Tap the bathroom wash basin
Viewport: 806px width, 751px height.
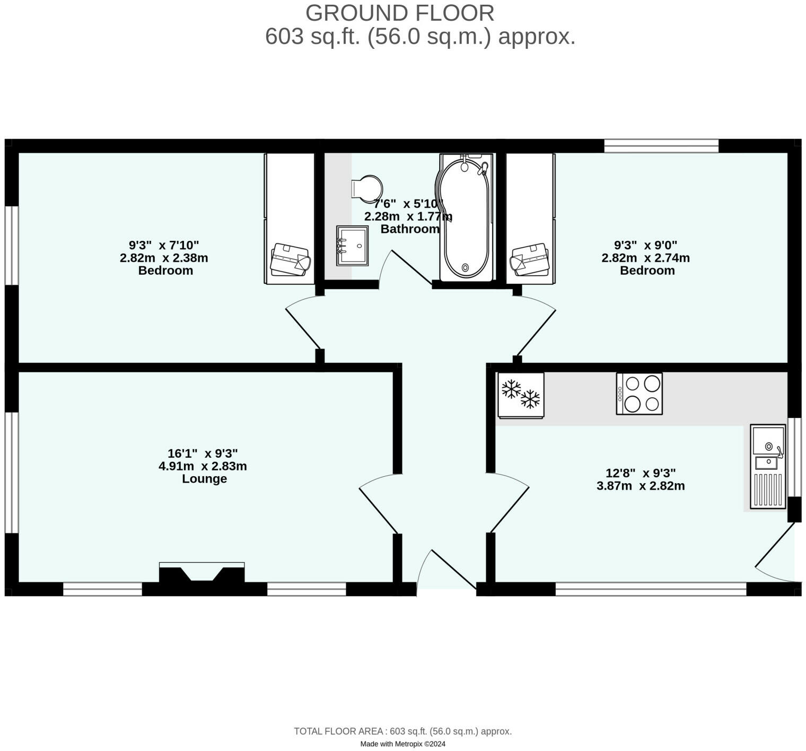352,246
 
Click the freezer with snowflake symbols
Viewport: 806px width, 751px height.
521,395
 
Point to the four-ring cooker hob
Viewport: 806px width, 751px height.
639,393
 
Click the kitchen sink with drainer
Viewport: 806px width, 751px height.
768,466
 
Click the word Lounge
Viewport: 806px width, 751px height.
204,479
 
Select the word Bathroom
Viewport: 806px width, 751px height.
410,229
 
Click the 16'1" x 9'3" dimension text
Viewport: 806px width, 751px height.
203,453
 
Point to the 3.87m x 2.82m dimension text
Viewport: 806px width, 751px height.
641,486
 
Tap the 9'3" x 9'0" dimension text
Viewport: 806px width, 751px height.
645,245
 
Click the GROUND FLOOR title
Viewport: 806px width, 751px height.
400,13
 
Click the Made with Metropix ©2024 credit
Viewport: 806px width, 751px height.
402,744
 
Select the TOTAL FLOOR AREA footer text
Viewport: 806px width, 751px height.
402,731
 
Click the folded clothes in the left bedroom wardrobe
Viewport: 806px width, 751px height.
290,260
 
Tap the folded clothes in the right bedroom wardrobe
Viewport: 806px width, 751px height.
530,260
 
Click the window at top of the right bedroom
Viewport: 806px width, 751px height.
661,146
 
